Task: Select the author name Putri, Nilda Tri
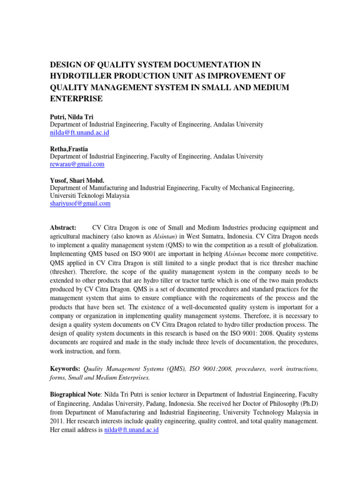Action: (x=70, y=117)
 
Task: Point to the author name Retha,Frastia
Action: (x=69, y=149)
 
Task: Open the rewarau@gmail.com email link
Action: (x=77, y=165)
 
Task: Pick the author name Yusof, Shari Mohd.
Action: (x=76, y=180)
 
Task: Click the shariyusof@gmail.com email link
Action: (x=80, y=203)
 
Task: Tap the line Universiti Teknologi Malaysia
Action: (x=90, y=195)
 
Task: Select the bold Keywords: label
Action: (x=65, y=369)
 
